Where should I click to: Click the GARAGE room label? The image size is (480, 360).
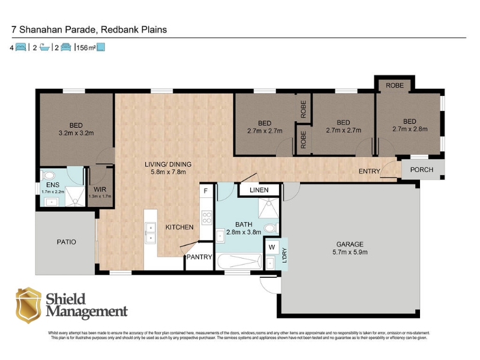pos(350,244)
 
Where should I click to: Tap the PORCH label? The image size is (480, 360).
pos(422,170)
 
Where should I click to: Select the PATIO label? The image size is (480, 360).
pos(67,242)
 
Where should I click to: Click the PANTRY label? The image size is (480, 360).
pos(199,257)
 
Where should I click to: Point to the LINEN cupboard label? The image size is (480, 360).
pos(259,190)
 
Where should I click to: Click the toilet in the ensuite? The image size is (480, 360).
pos(49,175)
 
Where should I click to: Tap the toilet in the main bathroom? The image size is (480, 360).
pos(271,228)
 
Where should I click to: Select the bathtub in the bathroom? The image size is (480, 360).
pos(239,262)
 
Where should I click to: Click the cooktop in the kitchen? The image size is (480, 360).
pos(206,217)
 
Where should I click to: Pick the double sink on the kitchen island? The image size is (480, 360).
pos(151,233)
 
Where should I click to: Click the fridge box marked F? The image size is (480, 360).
pos(206,191)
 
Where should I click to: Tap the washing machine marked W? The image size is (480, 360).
pos(272,247)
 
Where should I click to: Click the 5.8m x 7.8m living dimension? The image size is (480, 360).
pos(168,172)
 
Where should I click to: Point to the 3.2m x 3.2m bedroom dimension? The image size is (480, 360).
pos(76,133)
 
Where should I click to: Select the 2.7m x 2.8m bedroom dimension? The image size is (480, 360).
pos(410,129)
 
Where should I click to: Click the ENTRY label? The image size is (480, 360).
pos(369,171)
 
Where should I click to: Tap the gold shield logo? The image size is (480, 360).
pos(28,305)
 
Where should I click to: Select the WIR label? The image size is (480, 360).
pos(100,190)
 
